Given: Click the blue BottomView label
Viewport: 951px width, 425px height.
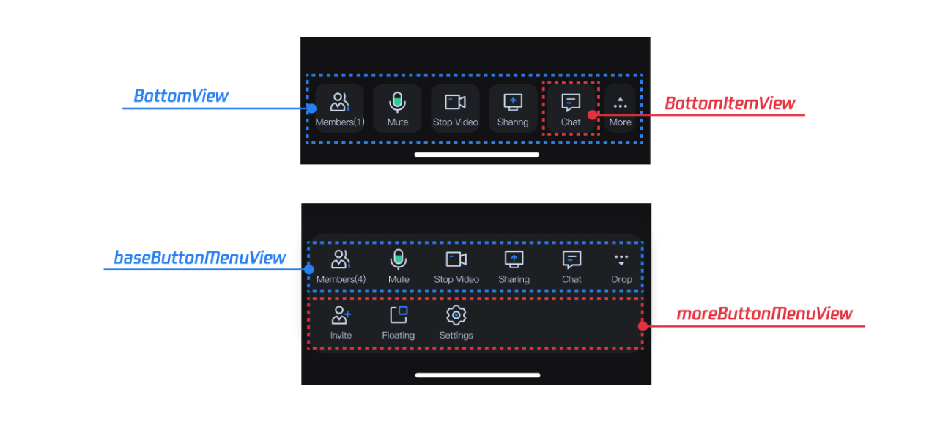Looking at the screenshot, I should [x=180, y=96].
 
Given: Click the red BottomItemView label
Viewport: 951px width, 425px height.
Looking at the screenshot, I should [x=729, y=103].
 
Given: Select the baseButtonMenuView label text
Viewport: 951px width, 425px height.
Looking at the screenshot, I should [x=199, y=258].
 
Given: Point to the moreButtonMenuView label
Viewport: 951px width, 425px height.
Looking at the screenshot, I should [x=764, y=314].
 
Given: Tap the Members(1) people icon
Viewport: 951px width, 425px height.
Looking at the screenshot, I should [x=340, y=103].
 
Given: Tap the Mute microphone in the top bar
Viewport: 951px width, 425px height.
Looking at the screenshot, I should [x=397, y=102].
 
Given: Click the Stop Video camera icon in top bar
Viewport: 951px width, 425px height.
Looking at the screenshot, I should [x=455, y=103].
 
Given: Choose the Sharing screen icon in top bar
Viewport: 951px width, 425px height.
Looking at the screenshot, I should [x=513, y=103].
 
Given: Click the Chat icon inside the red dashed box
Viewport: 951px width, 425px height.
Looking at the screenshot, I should [x=571, y=103].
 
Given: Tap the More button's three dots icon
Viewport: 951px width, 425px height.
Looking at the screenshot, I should [x=620, y=104].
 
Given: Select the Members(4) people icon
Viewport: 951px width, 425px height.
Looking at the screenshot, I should [x=341, y=259].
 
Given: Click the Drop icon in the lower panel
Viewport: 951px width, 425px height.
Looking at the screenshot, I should [x=621, y=260].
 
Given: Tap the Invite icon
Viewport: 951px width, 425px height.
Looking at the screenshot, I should [x=341, y=316].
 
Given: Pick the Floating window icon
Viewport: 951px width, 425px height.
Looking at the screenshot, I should [x=399, y=315].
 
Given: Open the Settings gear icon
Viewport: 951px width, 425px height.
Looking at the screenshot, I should [x=456, y=316].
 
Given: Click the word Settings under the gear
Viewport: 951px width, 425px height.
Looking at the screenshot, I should [x=456, y=336].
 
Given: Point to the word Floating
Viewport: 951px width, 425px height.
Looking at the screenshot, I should [x=398, y=336].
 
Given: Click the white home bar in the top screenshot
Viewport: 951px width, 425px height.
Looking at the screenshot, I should [x=476, y=155].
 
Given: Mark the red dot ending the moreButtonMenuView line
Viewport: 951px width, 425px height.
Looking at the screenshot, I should [x=643, y=326].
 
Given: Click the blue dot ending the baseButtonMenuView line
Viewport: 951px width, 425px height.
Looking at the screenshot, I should [x=308, y=269].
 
